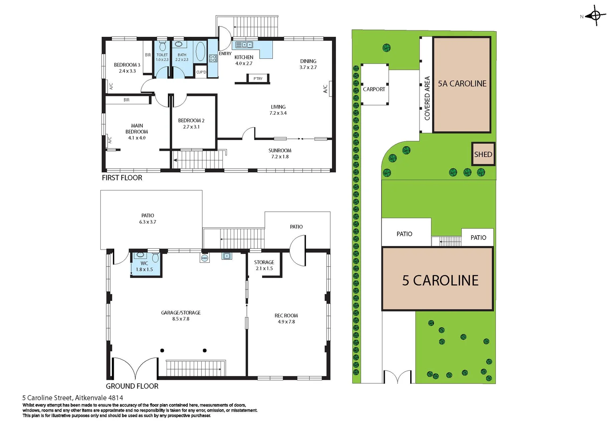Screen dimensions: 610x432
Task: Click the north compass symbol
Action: [595, 16]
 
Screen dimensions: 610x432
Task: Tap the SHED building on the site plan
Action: [483, 154]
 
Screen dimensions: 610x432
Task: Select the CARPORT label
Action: [374, 89]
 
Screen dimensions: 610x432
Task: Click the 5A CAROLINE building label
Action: [462, 84]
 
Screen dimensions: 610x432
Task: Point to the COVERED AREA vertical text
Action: [427, 98]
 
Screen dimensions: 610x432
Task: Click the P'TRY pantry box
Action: [258, 78]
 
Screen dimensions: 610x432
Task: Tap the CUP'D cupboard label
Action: [201, 72]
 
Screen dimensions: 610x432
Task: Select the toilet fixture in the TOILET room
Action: [162, 46]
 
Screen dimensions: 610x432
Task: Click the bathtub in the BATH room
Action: [201, 51]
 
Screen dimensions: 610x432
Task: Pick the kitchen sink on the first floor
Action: [244, 44]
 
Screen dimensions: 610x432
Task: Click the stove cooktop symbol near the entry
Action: [213, 58]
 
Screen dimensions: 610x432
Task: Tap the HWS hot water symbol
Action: [205, 258]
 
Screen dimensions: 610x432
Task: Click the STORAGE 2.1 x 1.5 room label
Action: [264, 265]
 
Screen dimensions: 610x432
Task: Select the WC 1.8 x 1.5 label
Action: [144, 266]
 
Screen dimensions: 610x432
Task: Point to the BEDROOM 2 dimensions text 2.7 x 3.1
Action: [191, 127]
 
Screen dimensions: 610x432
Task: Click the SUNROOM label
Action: [280, 150]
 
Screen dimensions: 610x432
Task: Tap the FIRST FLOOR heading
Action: [122, 178]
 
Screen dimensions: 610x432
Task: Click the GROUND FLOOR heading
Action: [132, 386]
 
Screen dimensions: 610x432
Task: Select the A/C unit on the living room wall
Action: [331, 89]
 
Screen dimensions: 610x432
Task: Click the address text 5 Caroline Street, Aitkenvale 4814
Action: [73, 398]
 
